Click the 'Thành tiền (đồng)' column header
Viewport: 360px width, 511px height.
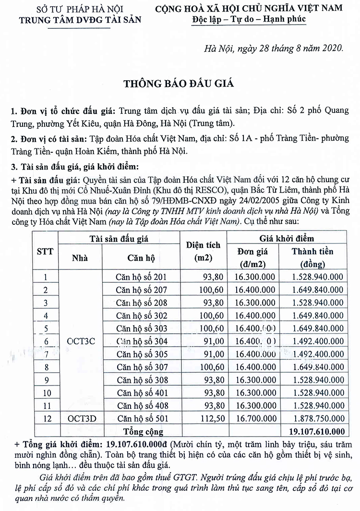point(312,258)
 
